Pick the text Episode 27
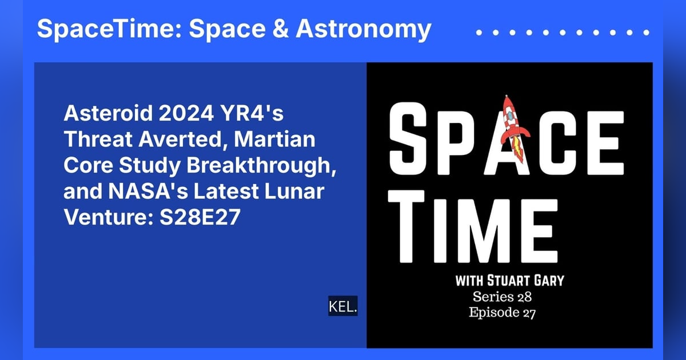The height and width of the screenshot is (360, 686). tap(502, 313)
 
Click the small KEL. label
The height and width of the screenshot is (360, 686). tap(343, 307)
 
